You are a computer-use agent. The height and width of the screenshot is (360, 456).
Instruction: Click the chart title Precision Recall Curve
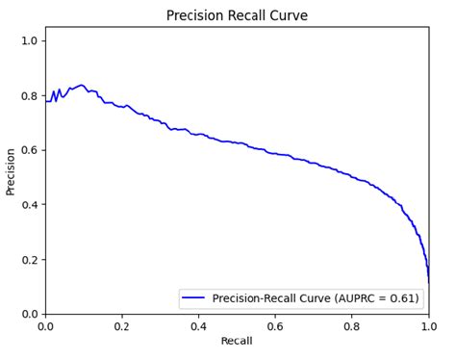[237, 15]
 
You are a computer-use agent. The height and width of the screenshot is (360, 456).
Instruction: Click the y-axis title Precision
[11, 171]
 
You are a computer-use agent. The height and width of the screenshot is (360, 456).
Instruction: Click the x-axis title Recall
[237, 342]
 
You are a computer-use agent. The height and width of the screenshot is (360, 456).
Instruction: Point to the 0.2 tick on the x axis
[122, 325]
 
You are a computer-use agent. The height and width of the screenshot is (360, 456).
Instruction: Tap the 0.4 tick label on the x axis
[198, 325]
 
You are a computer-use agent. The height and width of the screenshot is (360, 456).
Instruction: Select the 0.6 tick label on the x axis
[275, 325]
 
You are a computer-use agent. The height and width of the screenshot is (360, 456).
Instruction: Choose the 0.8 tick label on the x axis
[352, 325]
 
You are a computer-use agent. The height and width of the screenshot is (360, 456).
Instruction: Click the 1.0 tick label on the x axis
[428, 325]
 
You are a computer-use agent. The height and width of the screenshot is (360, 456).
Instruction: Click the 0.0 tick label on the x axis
[45, 325]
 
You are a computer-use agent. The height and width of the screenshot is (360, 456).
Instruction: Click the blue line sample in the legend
[195, 298]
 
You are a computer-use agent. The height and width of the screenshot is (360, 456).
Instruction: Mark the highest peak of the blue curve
[82, 86]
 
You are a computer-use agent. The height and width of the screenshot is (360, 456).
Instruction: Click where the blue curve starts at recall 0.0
[46, 101]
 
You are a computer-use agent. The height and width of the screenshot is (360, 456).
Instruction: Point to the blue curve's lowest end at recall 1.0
[429, 280]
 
